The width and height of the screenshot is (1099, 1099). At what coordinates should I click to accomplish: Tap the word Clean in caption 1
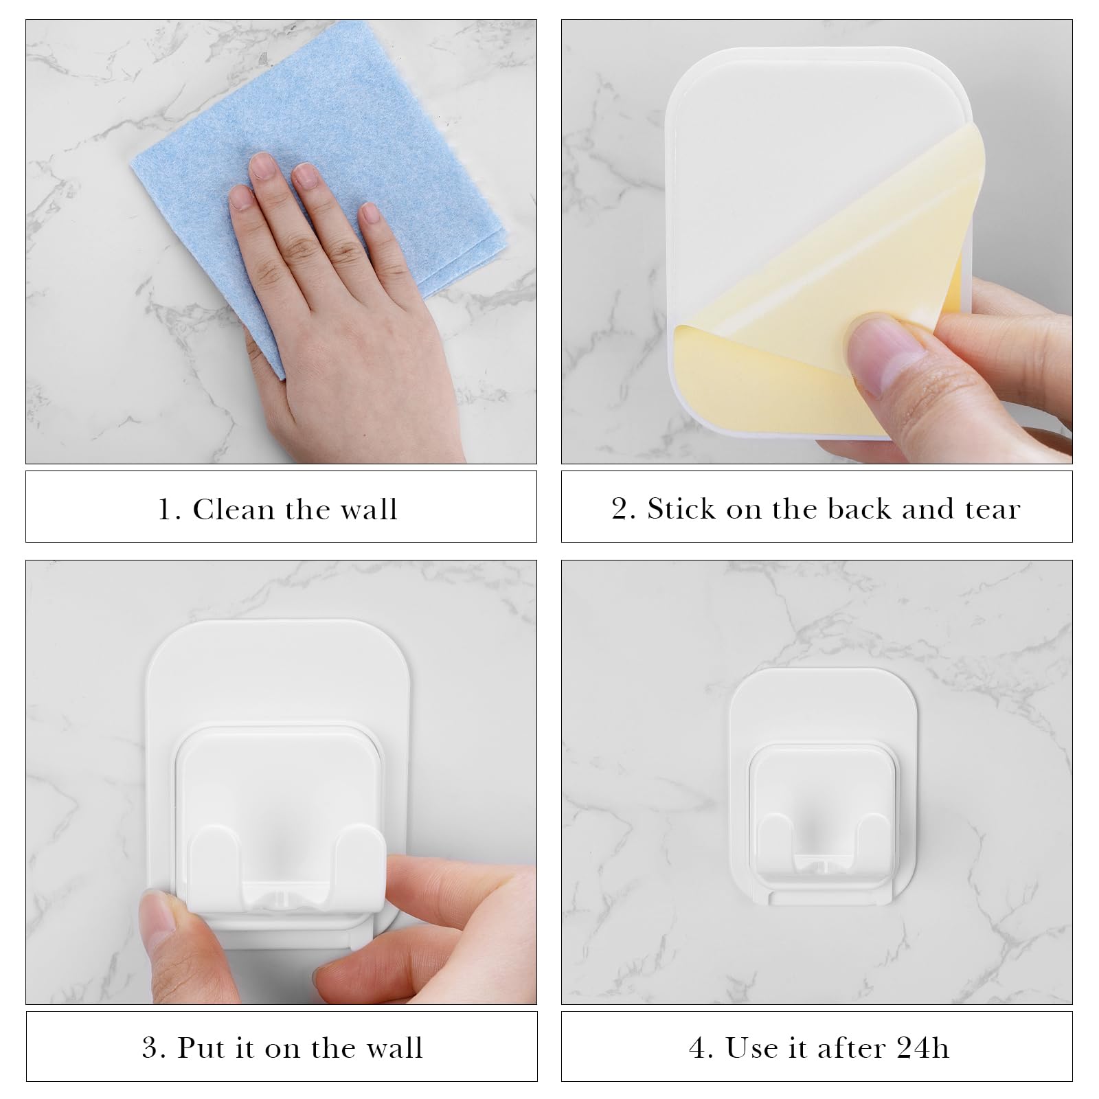coord(234,510)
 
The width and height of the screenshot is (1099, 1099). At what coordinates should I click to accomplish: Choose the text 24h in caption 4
coord(923,1048)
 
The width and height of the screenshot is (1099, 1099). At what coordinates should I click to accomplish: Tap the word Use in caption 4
coord(749,1048)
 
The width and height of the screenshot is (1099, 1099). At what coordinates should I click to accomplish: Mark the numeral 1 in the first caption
coord(165,510)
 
